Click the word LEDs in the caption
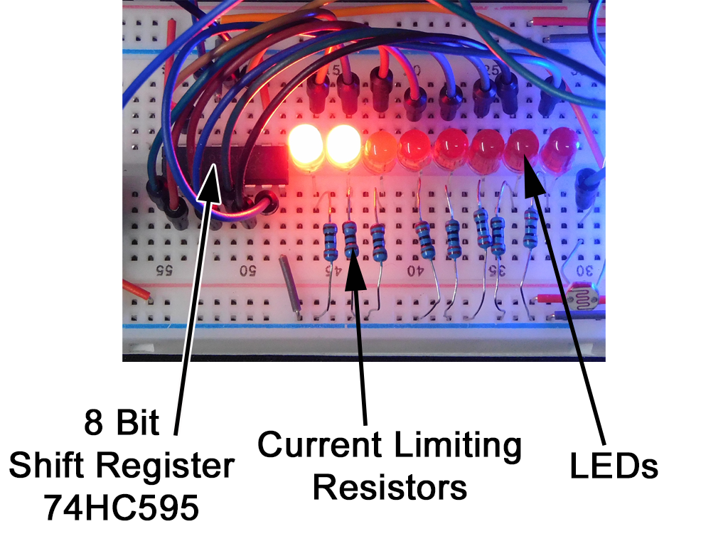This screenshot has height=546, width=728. (615, 466)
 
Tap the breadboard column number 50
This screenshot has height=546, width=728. (247, 271)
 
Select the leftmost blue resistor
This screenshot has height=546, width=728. (330, 241)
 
